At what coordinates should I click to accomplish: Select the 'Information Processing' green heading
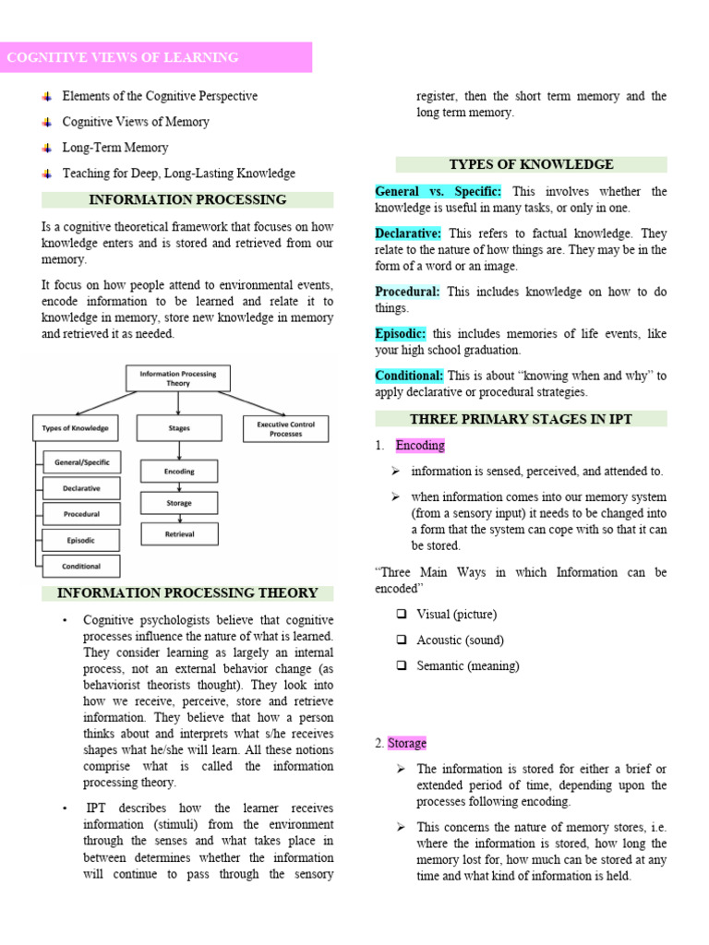tap(186, 199)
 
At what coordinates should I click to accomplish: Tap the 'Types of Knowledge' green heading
tap(531, 164)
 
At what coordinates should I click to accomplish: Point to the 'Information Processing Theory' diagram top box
tap(178, 378)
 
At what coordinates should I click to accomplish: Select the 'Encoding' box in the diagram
tap(179, 472)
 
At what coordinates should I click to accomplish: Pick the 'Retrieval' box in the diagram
tap(179, 534)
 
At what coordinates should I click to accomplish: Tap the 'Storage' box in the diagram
tap(179, 503)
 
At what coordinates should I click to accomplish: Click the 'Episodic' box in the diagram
tap(82, 540)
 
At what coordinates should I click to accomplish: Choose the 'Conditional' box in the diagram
tap(82, 566)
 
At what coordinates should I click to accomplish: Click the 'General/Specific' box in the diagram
tap(82, 461)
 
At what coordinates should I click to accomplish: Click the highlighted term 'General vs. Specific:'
tap(438, 191)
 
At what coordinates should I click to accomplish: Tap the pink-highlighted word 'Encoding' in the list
tap(420, 445)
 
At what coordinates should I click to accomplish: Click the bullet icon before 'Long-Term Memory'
tap(47, 148)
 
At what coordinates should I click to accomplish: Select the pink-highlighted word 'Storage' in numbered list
tap(407, 743)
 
